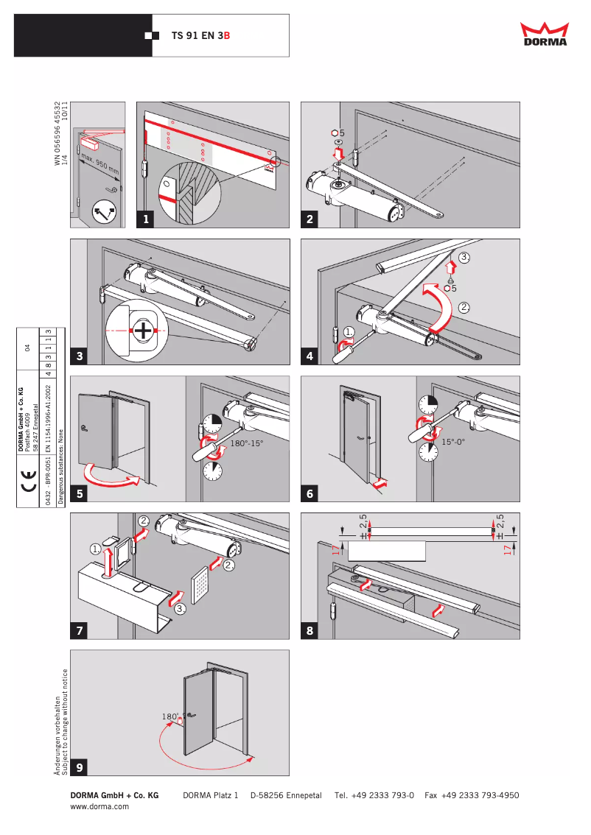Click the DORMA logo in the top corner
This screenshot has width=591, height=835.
point(545,35)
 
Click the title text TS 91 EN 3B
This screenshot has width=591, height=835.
point(200,35)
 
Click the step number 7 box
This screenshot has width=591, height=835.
point(80,631)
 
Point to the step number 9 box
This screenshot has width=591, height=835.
point(80,767)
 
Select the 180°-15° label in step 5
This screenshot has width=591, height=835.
point(246,445)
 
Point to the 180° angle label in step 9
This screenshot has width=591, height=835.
point(170,716)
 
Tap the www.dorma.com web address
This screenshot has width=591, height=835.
point(99,807)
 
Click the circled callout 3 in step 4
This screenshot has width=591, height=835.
point(463,257)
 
